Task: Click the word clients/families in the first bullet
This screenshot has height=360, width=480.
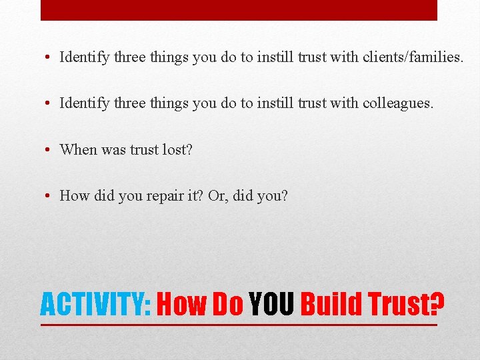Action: coord(412,57)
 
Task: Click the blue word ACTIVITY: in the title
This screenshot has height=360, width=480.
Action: coord(97,305)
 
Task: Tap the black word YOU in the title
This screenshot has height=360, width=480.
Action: coord(271,305)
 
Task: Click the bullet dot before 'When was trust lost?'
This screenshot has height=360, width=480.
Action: coord(50,149)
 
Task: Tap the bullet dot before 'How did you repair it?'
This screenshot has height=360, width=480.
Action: coord(50,196)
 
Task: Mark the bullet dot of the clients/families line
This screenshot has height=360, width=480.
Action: coord(50,57)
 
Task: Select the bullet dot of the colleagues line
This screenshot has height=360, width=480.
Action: coord(50,103)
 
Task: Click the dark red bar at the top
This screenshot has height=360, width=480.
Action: coord(239,10)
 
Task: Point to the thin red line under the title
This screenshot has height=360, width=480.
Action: coord(239,325)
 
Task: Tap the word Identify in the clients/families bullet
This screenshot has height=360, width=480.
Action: coord(85,57)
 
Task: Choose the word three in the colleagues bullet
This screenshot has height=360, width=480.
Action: coord(129,103)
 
